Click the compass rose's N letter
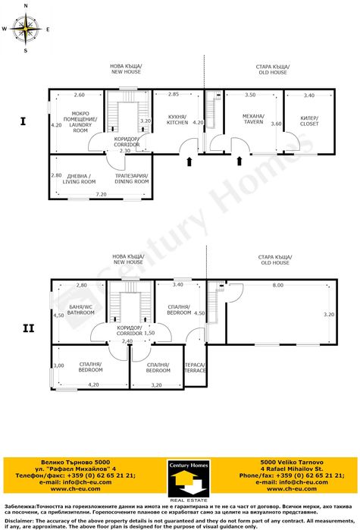coord(26,6)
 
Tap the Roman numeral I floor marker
coord(23,121)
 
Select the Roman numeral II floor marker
coord(29,328)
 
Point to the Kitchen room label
coord(177,119)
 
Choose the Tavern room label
coord(252,119)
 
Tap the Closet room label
coord(308,119)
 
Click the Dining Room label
coord(131,179)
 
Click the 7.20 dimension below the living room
coord(101,195)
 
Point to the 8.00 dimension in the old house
coord(278,285)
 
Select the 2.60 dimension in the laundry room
coord(79,95)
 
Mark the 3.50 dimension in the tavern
coord(250,95)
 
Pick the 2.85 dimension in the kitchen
coord(174,95)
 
